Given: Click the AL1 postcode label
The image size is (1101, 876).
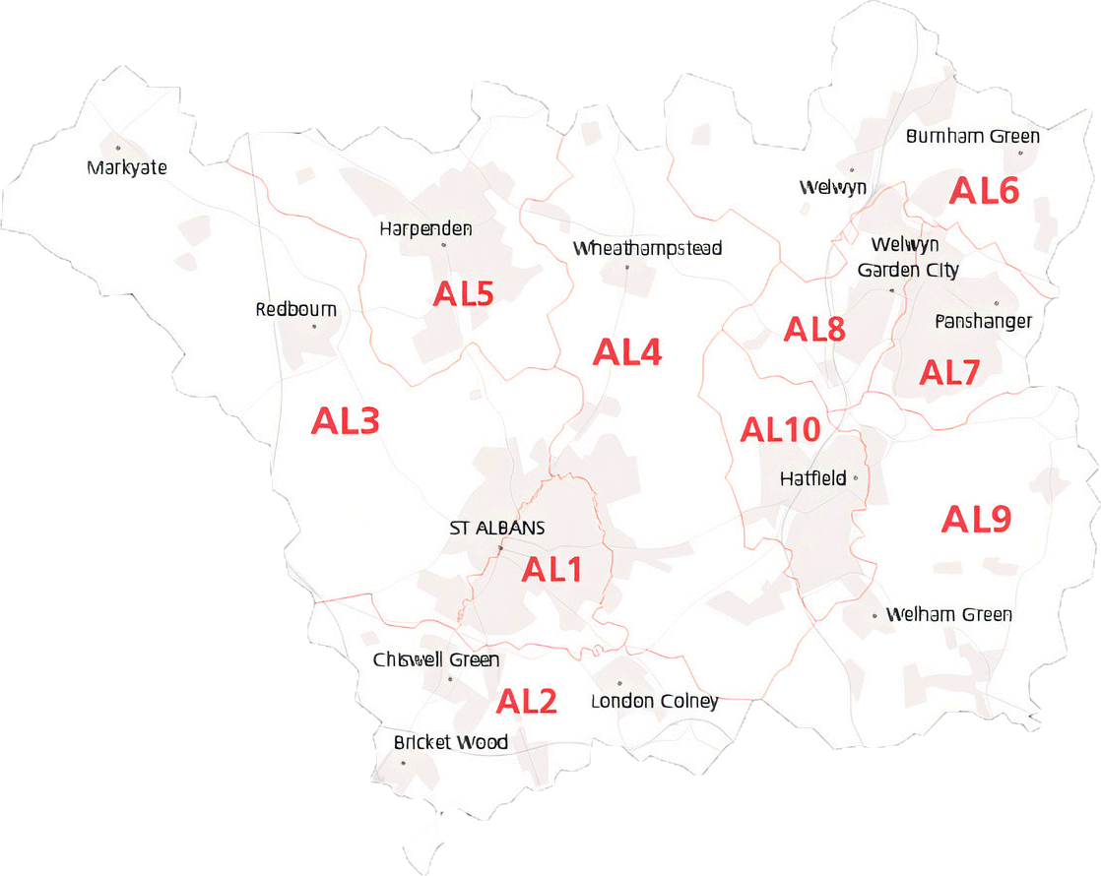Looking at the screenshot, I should click(x=551, y=570).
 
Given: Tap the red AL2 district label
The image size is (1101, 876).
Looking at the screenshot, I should click(x=526, y=702).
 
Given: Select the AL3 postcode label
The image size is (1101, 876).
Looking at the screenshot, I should click(x=345, y=421).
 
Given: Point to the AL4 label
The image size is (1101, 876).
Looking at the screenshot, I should click(x=627, y=352).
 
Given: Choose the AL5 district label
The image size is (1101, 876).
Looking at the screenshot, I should click(x=463, y=294).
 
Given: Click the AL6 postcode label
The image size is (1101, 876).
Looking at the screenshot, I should click(x=984, y=191).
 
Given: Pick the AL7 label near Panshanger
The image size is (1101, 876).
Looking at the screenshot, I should click(x=949, y=373).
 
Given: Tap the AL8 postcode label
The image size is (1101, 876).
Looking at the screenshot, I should click(x=814, y=330).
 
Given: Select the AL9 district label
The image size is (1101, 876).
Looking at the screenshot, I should click(x=976, y=519).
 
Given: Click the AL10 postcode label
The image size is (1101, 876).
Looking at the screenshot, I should click(x=780, y=429).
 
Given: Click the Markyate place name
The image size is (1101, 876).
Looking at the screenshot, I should click(x=127, y=167).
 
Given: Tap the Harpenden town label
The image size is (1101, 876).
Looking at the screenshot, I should click(x=425, y=229).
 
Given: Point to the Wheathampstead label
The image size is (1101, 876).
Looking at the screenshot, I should click(x=647, y=248).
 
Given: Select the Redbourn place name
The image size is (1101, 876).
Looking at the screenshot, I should click(x=295, y=309).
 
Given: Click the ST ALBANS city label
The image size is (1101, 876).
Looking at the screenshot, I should click(x=496, y=529).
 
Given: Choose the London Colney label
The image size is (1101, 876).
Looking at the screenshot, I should click(x=654, y=702).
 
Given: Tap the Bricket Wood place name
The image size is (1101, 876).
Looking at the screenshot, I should click(x=450, y=742).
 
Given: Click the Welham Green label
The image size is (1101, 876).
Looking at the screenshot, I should click(x=948, y=614).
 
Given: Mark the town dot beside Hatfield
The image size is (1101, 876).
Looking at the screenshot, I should click(x=855, y=478).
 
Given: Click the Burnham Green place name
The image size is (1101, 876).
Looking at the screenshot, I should click(x=972, y=136).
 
